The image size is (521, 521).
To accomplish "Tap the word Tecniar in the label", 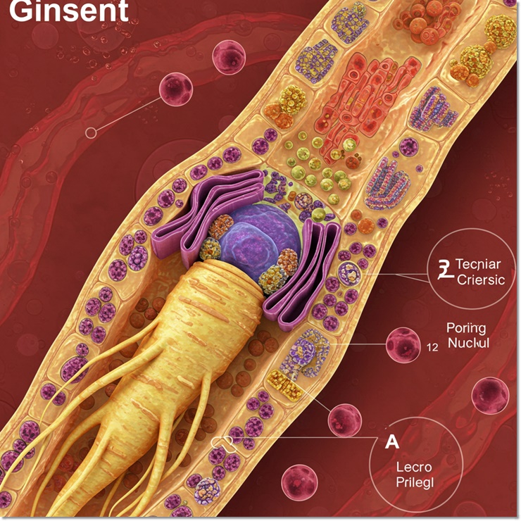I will (478, 264).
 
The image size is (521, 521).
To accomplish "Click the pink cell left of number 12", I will (403, 344).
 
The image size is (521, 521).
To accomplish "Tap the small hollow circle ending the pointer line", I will (89, 132).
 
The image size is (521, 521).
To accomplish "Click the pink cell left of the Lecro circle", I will (344, 420).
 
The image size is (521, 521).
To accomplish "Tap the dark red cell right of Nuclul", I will (490, 395).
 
